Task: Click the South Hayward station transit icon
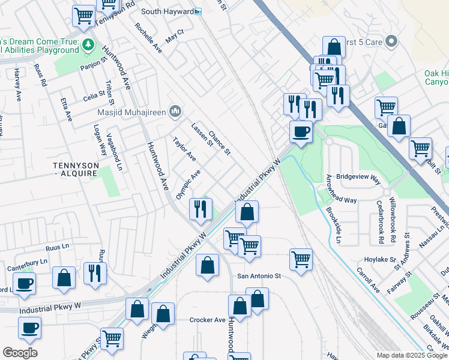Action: coord(198,11)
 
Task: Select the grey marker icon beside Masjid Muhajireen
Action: coord(175,111)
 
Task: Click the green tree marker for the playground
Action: coord(88,45)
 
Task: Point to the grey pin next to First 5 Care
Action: coord(391,41)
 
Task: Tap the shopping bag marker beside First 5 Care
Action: coord(334,47)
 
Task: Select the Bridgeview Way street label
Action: coord(358,178)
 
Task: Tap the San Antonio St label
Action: coord(259,276)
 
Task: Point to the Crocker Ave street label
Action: coord(207,320)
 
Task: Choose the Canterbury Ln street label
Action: coord(26,262)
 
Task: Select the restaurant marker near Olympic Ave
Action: coord(200,209)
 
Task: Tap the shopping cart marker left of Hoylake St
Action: coord(301,259)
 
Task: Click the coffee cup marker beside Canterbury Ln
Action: coord(25,283)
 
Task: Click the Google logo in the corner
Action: coord(20,353)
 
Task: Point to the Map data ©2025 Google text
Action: coord(412,355)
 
